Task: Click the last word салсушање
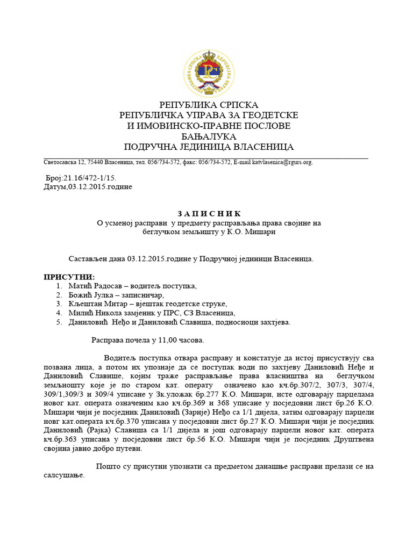coord(63,476)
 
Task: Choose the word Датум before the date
coord(55,186)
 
